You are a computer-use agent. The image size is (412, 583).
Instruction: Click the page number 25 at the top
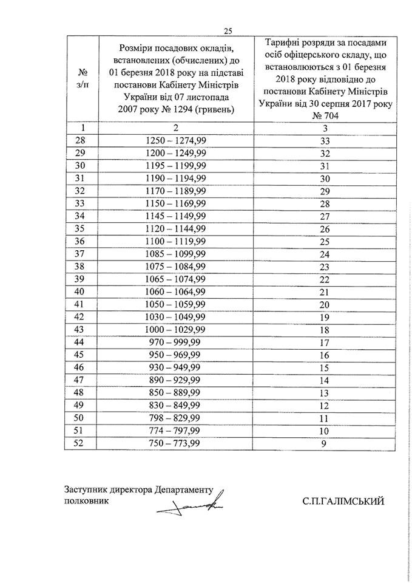228,32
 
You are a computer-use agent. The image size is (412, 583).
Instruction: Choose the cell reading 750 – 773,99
175,443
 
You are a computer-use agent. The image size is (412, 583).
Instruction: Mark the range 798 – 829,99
175,418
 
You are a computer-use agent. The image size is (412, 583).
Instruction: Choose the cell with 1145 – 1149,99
175,216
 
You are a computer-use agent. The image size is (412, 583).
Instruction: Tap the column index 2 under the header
175,128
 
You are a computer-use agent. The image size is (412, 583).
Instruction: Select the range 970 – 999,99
175,342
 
